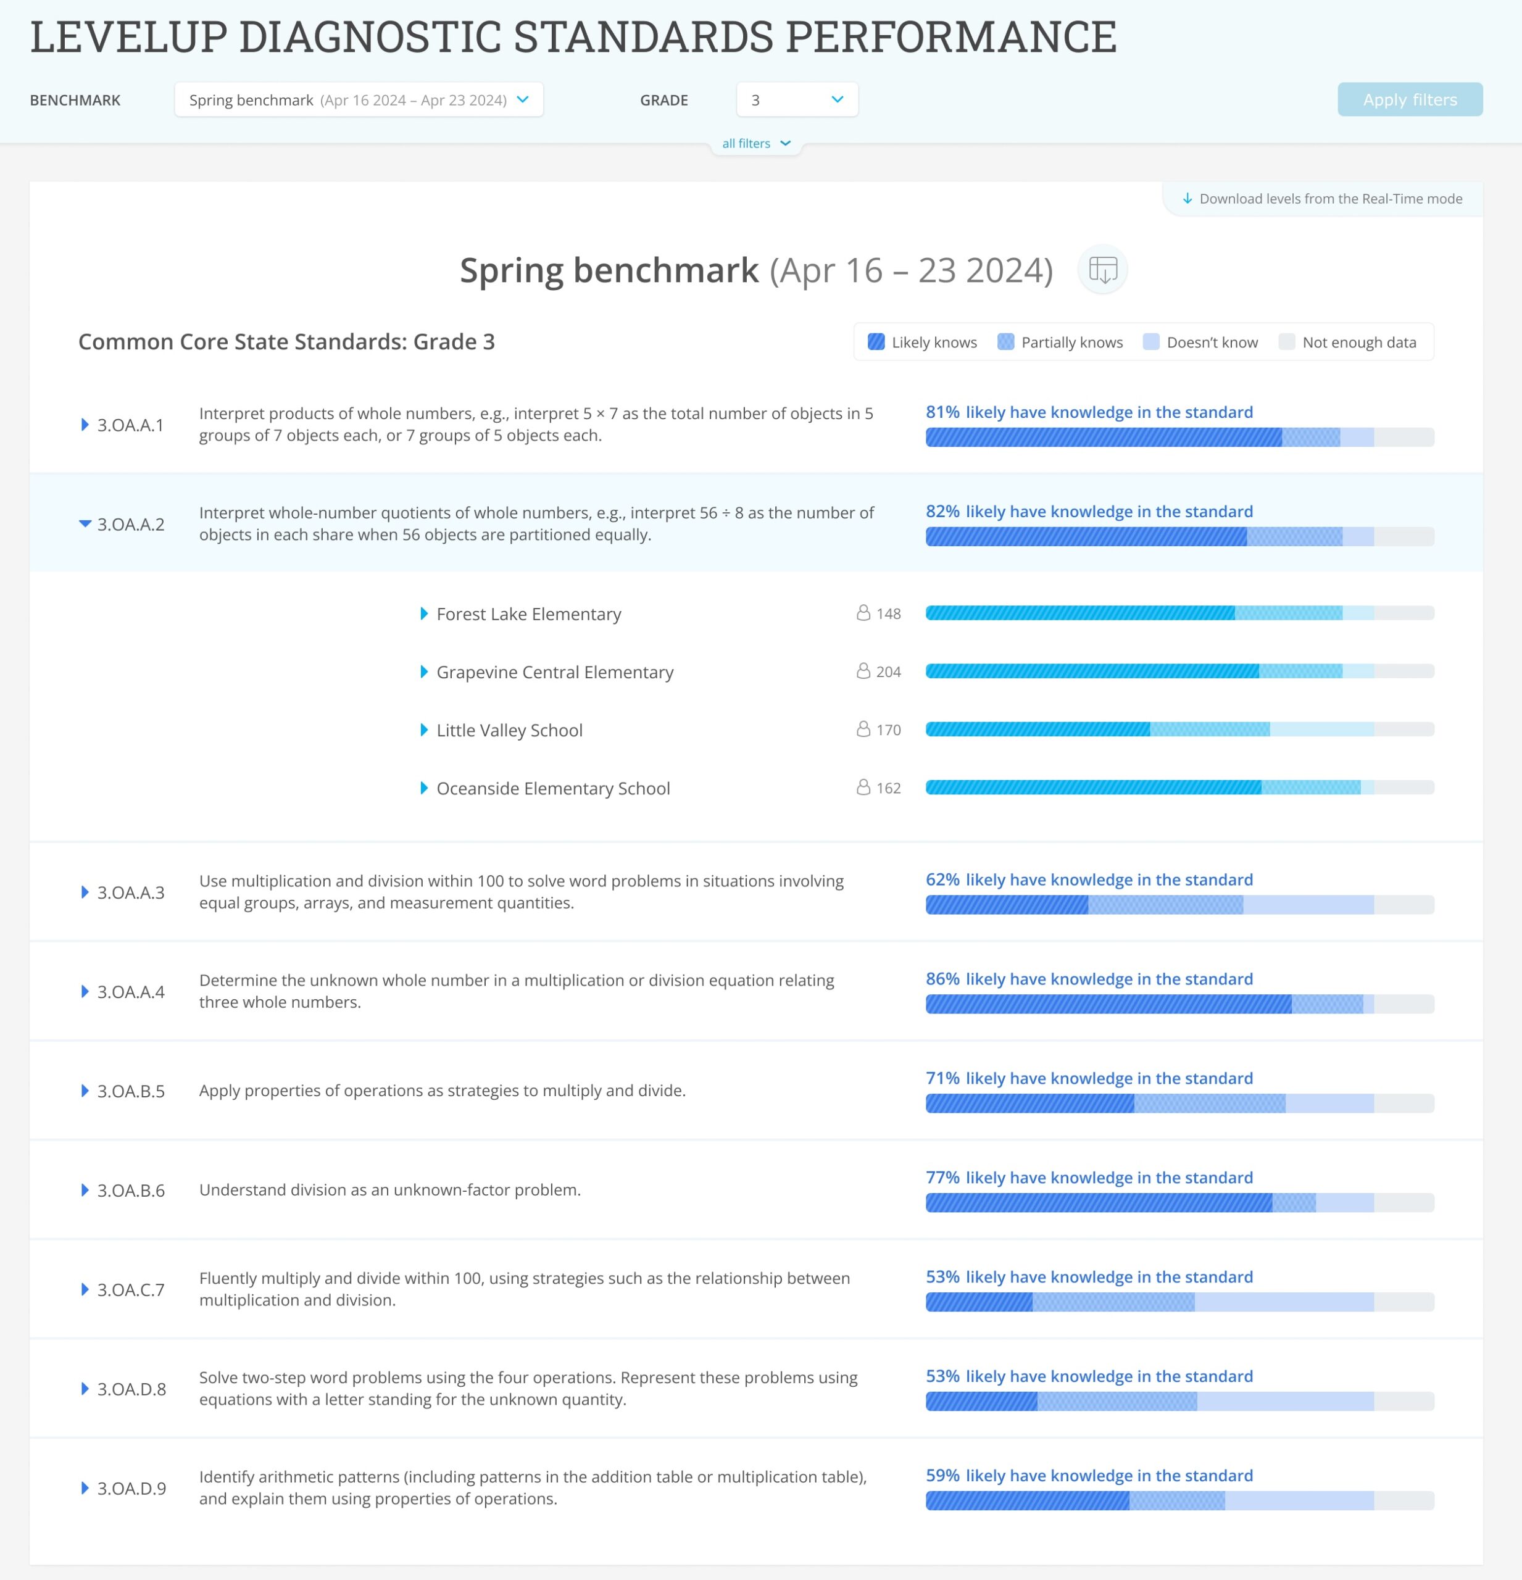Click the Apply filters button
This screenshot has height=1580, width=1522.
click(x=1409, y=99)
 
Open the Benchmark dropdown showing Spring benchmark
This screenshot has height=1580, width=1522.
click(x=358, y=99)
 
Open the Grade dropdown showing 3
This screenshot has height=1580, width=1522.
click(x=796, y=99)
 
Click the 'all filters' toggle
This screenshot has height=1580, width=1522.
click(x=755, y=143)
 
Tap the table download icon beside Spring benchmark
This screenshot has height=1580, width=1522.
click(x=1102, y=269)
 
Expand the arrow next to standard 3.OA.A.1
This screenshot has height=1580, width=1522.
click(x=85, y=425)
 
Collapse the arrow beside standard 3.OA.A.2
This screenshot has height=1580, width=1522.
click(x=85, y=524)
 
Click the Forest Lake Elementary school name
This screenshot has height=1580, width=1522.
click(x=529, y=614)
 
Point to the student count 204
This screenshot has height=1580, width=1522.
click(x=888, y=672)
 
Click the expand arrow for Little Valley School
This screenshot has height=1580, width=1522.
click(x=424, y=730)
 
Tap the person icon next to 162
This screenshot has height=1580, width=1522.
click(x=863, y=788)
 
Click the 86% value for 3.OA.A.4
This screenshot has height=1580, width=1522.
click(x=942, y=979)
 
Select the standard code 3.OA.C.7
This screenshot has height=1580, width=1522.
click(x=131, y=1290)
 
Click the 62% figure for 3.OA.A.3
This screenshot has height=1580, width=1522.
click(x=942, y=879)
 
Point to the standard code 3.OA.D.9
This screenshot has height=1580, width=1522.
click(x=131, y=1488)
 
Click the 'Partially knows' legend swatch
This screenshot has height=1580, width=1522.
click(x=1005, y=342)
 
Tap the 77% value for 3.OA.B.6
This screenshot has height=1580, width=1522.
click(x=942, y=1178)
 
